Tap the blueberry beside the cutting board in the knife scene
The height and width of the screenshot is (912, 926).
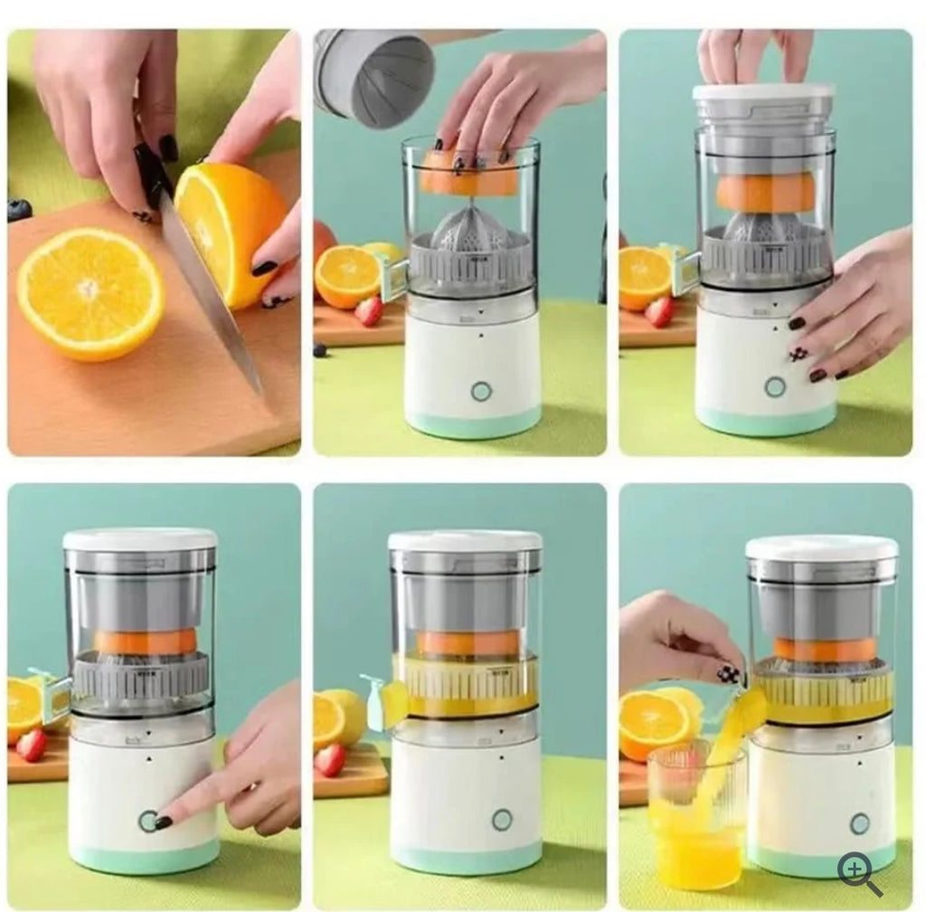click(19, 210)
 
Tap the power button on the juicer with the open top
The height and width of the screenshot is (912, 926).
click(481, 391)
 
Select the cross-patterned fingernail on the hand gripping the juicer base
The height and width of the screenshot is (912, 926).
click(798, 354)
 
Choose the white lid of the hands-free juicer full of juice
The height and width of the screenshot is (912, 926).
click(465, 540)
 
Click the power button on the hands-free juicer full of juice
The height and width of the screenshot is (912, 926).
click(502, 819)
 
